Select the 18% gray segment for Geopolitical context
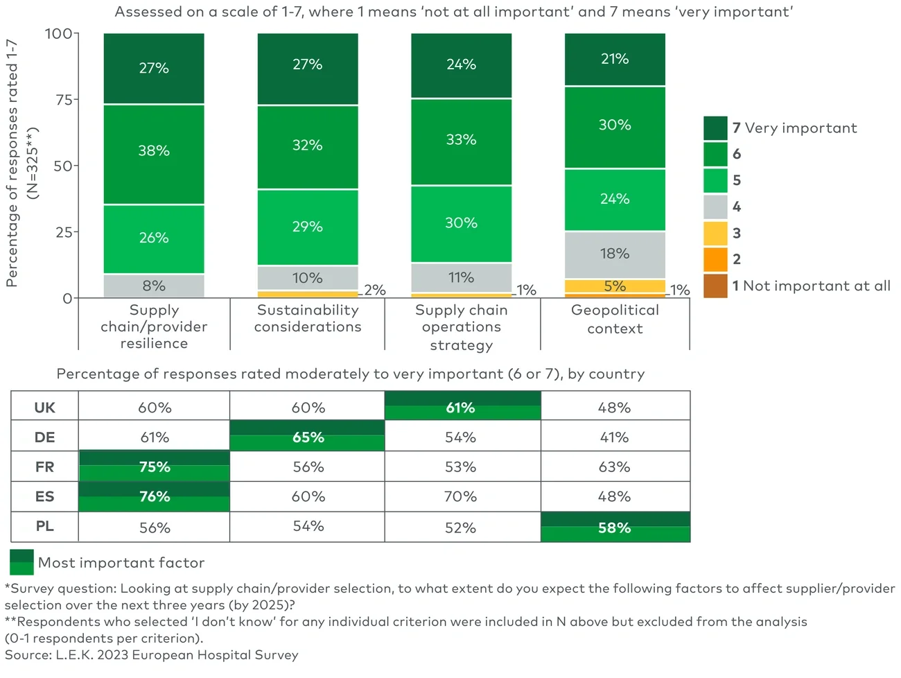615,254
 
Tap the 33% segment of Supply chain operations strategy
461,141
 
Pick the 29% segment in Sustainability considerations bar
308,227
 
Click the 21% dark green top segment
615,60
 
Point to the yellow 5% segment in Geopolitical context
615,286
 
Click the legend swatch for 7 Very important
715,128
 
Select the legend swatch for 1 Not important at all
715,286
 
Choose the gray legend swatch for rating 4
715,207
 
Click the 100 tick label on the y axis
58,33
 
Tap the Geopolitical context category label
615,319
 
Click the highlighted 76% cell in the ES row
155,497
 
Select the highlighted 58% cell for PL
615,528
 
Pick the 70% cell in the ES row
461,497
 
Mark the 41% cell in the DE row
615,437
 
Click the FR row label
44,467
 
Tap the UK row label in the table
44,408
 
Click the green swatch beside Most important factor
21,562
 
